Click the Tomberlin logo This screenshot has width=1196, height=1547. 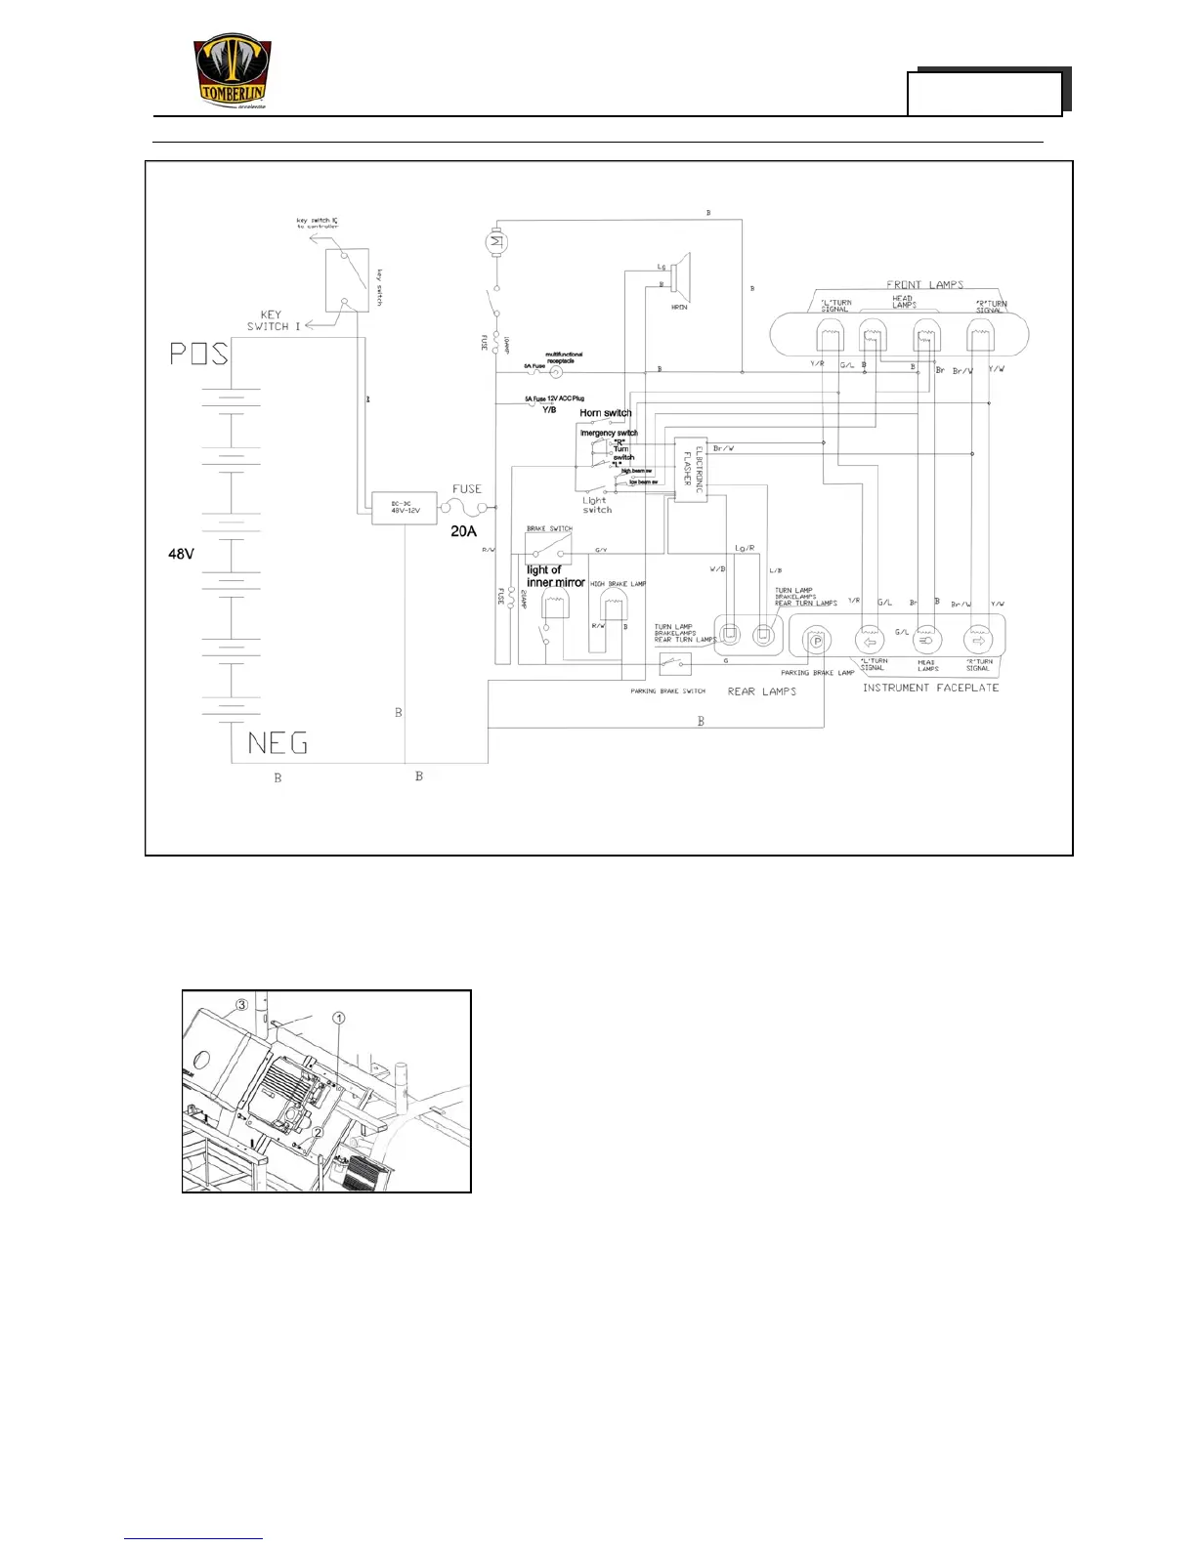point(233,72)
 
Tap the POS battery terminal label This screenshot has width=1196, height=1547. point(199,353)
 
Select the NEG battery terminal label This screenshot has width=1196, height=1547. point(278,743)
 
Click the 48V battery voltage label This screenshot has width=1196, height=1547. point(181,554)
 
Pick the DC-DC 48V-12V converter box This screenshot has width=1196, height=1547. point(404,508)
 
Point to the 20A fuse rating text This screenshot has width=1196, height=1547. point(463,531)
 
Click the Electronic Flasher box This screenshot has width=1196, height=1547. point(691,469)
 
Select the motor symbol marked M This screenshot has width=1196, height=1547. point(495,240)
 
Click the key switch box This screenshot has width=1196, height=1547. point(347,279)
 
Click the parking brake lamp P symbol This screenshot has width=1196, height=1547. point(815,641)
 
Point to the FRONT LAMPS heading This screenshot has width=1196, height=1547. point(924,285)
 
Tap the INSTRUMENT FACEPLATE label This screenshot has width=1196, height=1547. point(930,688)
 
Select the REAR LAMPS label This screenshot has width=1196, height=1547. point(762,691)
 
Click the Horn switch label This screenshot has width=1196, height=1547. point(605,413)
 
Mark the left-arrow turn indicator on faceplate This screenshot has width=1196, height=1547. point(870,641)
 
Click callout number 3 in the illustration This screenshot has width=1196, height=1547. point(241,1004)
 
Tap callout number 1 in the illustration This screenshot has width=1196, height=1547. point(339,1018)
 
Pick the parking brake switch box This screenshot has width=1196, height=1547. point(675,664)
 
